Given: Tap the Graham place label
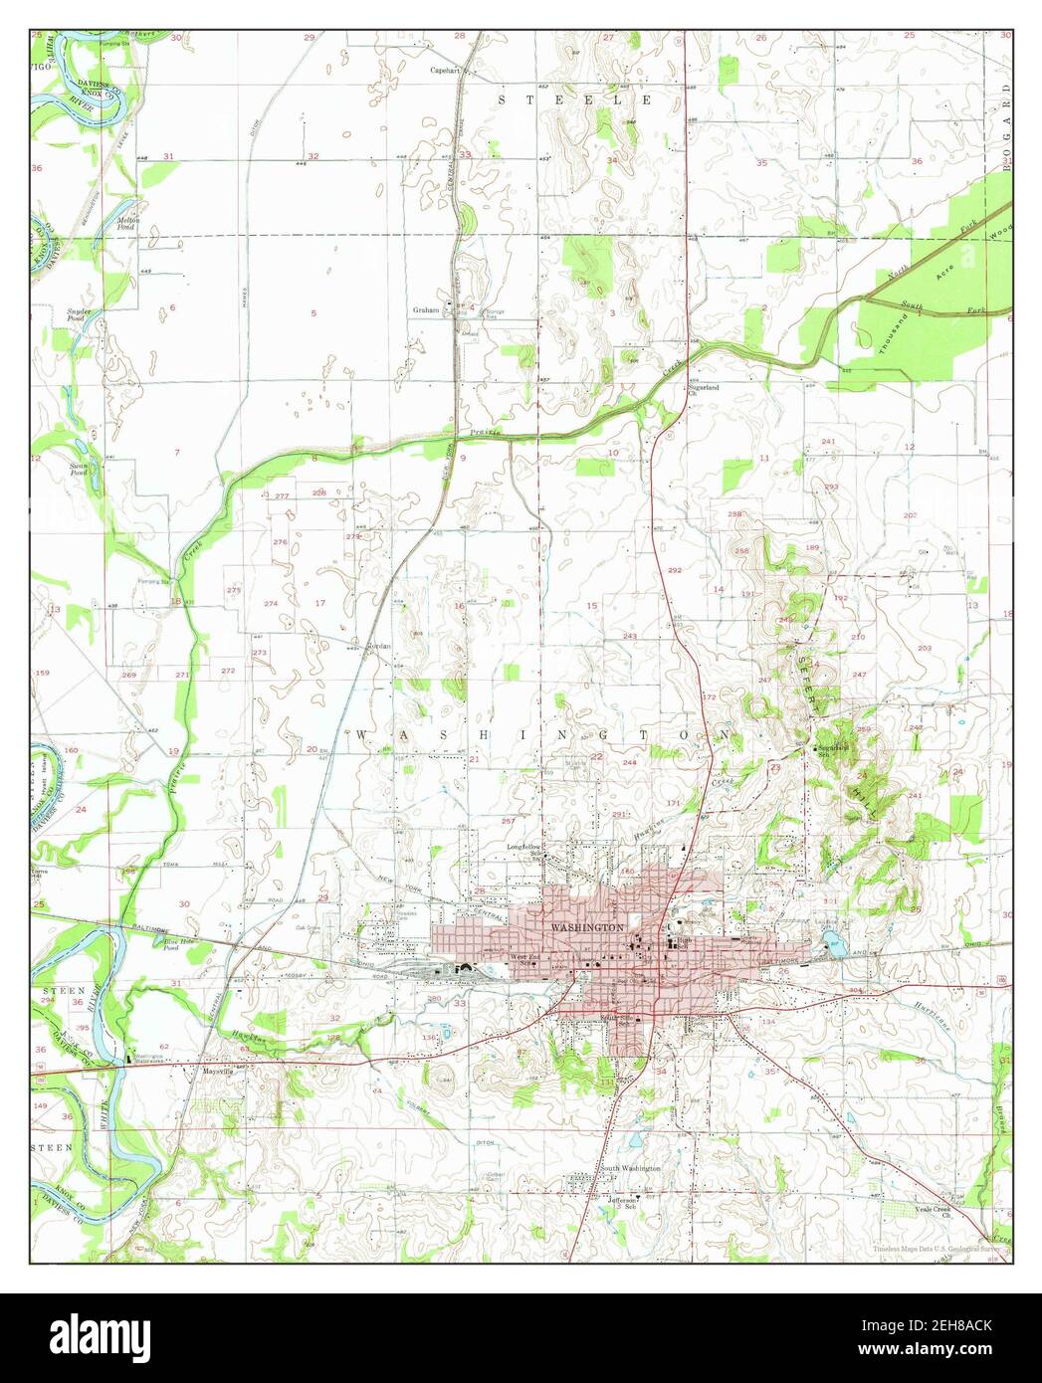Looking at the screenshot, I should [x=426, y=310].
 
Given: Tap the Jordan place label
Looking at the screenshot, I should [x=378, y=646].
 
